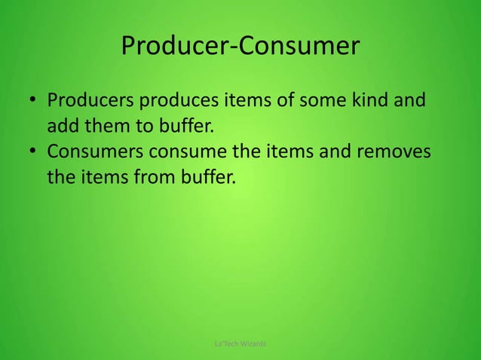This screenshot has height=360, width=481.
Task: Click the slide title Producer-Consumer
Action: [240, 47]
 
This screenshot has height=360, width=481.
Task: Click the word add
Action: [63, 126]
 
